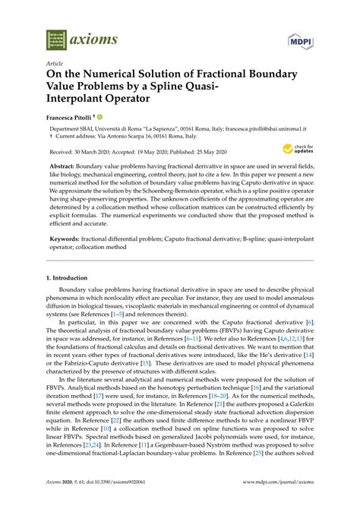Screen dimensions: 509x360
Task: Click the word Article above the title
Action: (54, 65)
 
